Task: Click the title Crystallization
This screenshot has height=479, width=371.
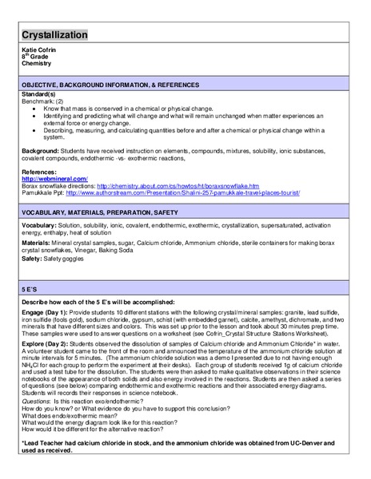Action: click(54, 35)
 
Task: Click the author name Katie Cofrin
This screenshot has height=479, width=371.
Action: click(39, 50)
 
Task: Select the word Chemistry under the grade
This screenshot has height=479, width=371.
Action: click(36, 64)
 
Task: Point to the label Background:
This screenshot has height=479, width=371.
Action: click(41, 150)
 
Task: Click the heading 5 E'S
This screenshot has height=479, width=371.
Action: click(32, 292)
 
